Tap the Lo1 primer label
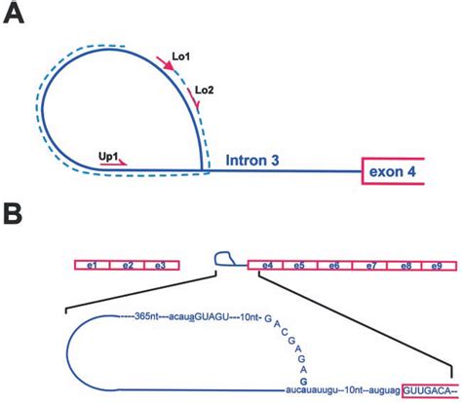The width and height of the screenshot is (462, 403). coord(181,56)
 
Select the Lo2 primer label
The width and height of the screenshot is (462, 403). coord(205,91)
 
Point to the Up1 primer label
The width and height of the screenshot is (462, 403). coord(108,156)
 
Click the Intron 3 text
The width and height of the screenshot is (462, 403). coord(252,161)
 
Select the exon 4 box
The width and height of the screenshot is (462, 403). coord(393,171)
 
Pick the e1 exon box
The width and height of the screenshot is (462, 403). coord(93,266)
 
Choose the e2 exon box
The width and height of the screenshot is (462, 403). coord(128,266)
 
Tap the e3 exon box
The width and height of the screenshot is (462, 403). coord(162,266)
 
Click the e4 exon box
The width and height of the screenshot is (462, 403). coord(266,266)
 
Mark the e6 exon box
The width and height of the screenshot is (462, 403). coord(334,266)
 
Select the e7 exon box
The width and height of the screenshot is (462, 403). coord(370,266)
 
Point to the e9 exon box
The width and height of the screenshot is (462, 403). coord(439,266)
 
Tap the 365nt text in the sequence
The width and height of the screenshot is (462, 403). coord(146,316)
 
